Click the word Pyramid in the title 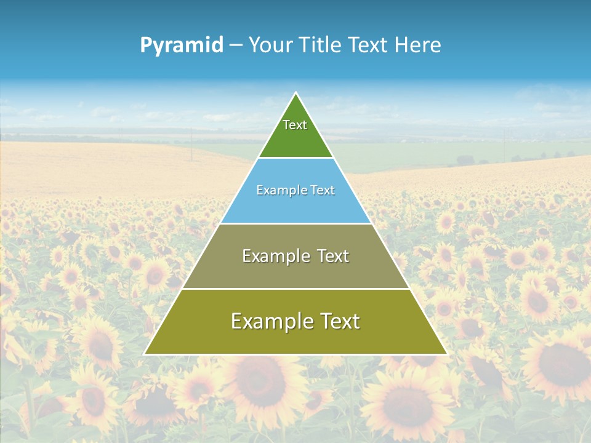click(x=182, y=46)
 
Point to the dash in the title click(x=236, y=46)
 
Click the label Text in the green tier click(x=295, y=125)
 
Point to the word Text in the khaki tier click(x=334, y=257)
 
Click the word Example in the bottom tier click(x=271, y=321)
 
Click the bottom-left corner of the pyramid click(x=145, y=354)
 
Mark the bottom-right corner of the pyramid click(x=446, y=354)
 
